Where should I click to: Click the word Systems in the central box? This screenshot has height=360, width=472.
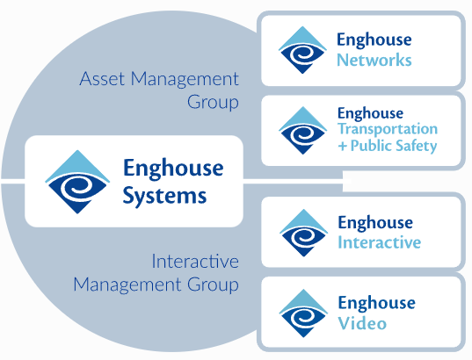[x=164, y=195]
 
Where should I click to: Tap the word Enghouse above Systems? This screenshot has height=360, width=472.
[x=173, y=168]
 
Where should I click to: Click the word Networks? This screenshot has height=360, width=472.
[x=374, y=61]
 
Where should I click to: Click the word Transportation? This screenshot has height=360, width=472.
[x=386, y=130]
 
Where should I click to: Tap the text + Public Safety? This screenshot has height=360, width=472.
[x=387, y=146]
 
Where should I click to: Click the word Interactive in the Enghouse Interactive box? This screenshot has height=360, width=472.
[x=379, y=242]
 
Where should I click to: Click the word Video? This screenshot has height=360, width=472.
[x=360, y=324]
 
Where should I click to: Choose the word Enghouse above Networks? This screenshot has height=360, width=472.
[x=374, y=40]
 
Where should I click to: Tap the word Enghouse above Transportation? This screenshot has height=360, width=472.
[x=370, y=113]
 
